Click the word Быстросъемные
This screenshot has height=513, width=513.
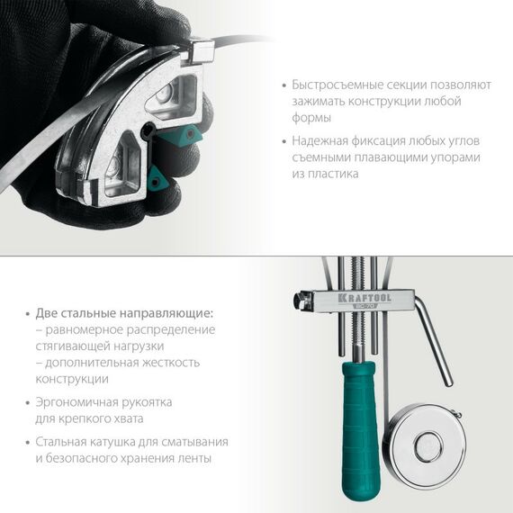pyautogui.click(x=334, y=85)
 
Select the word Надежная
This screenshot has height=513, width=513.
pyautogui.click(x=319, y=140)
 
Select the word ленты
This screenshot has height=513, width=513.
pyautogui.click(x=193, y=458)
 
